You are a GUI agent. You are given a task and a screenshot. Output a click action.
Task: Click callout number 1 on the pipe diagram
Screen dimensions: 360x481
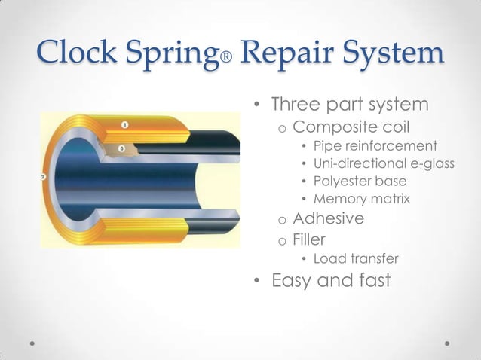(x=124, y=124)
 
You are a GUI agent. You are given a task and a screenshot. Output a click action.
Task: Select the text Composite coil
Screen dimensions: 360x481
(x=350, y=125)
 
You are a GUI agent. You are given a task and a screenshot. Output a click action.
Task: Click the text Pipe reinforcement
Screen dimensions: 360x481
(x=375, y=145)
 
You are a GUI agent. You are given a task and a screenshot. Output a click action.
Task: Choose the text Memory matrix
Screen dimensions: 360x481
(x=362, y=200)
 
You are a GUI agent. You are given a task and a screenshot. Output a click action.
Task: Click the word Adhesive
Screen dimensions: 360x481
(x=328, y=219)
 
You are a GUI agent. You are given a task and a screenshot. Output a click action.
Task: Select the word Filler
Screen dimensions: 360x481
(x=310, y=240)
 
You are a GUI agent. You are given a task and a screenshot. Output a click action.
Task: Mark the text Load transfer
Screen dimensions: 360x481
(x=356, y=260)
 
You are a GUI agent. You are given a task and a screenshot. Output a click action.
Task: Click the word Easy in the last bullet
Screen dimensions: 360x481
(x=295, y=282)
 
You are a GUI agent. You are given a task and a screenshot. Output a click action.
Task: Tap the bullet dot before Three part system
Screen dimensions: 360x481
(x=257, y=104)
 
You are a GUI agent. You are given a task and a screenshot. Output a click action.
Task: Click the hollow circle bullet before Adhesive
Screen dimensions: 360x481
(x=280, y=221)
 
